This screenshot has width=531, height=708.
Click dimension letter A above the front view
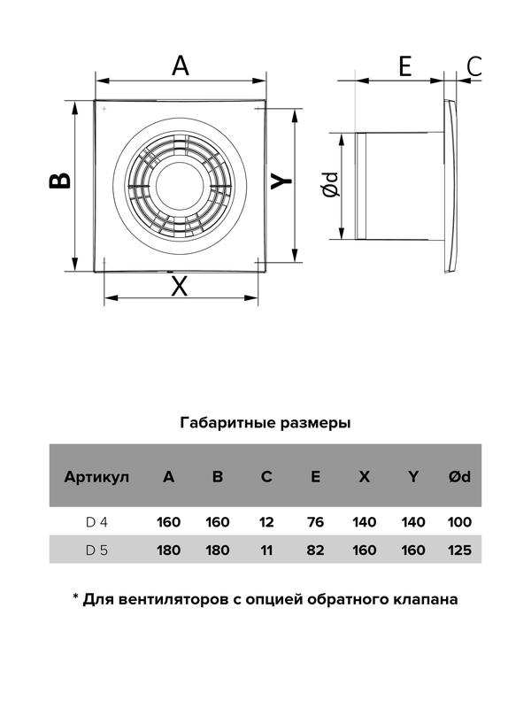(x=181, y=65)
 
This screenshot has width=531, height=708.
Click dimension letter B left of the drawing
(x=60, y=181)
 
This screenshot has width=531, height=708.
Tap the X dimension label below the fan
(x=180, y=286)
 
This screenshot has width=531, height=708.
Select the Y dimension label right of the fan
(x=281, y=181)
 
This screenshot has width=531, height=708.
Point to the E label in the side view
(x=405, y=65)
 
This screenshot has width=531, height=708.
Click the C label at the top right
(x=474, y=65)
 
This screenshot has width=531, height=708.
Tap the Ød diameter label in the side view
(x=331, y=184)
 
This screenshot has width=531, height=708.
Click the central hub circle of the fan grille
(x=180, y=186)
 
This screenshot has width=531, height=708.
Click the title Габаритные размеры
(x=265, y=423)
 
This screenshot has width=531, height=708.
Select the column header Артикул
(x=96, y=477)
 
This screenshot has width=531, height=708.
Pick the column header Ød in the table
(x=459, y=476)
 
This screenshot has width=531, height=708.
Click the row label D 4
(x=96, y=522)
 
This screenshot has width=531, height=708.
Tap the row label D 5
(x=96, y=550)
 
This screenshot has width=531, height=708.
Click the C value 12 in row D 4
(x=266, y=522)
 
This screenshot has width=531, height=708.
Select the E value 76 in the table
(x=315, y=522)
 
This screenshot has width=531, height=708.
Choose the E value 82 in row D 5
(x=315, y=550)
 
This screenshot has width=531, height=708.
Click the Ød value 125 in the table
(x=459, y=550)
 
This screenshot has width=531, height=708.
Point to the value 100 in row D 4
(x=459, y=522)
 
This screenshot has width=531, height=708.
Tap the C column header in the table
(x=266, y=476)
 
